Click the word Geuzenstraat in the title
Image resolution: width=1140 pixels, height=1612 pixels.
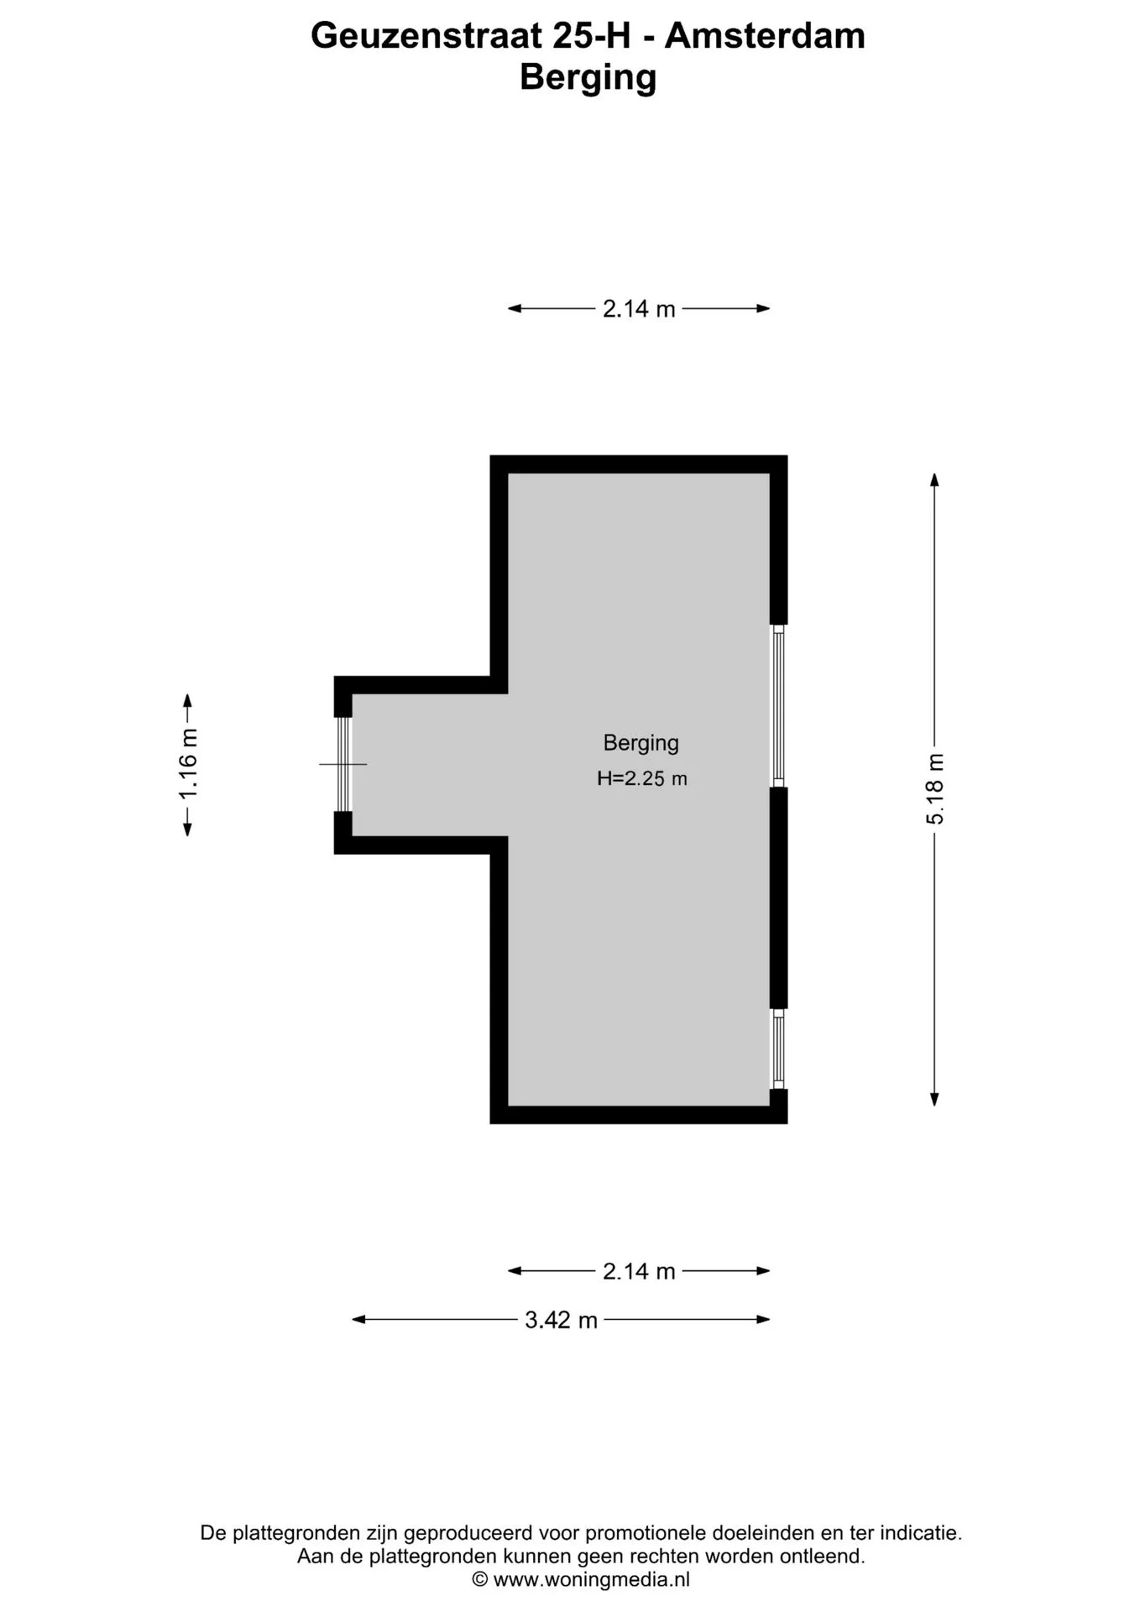point(426,36)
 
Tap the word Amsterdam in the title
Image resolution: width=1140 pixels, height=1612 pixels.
point(765,36)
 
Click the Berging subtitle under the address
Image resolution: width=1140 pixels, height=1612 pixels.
point(588,78)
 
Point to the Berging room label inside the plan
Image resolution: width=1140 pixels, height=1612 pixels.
point(641,743)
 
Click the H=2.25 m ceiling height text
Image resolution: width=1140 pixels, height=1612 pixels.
point(642,778)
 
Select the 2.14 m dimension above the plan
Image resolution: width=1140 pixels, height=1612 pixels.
point(639,309)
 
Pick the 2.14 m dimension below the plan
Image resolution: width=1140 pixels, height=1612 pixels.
point(639,1271)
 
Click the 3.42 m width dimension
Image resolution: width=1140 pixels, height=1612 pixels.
point(561,1320)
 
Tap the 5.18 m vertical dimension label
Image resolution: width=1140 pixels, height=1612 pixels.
point(935,789)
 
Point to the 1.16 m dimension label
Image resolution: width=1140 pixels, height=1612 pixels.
point(189,764)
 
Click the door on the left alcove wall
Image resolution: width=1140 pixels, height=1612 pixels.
point(343,764)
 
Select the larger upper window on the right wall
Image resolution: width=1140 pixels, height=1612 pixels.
point(779,706)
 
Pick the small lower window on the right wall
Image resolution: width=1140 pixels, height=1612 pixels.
point(779,1049)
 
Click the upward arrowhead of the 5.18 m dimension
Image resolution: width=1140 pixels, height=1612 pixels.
point(934,479)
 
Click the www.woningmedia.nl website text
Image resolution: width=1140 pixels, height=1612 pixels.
point(592,1579)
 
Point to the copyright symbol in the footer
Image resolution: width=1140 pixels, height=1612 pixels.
point(480,1579)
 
